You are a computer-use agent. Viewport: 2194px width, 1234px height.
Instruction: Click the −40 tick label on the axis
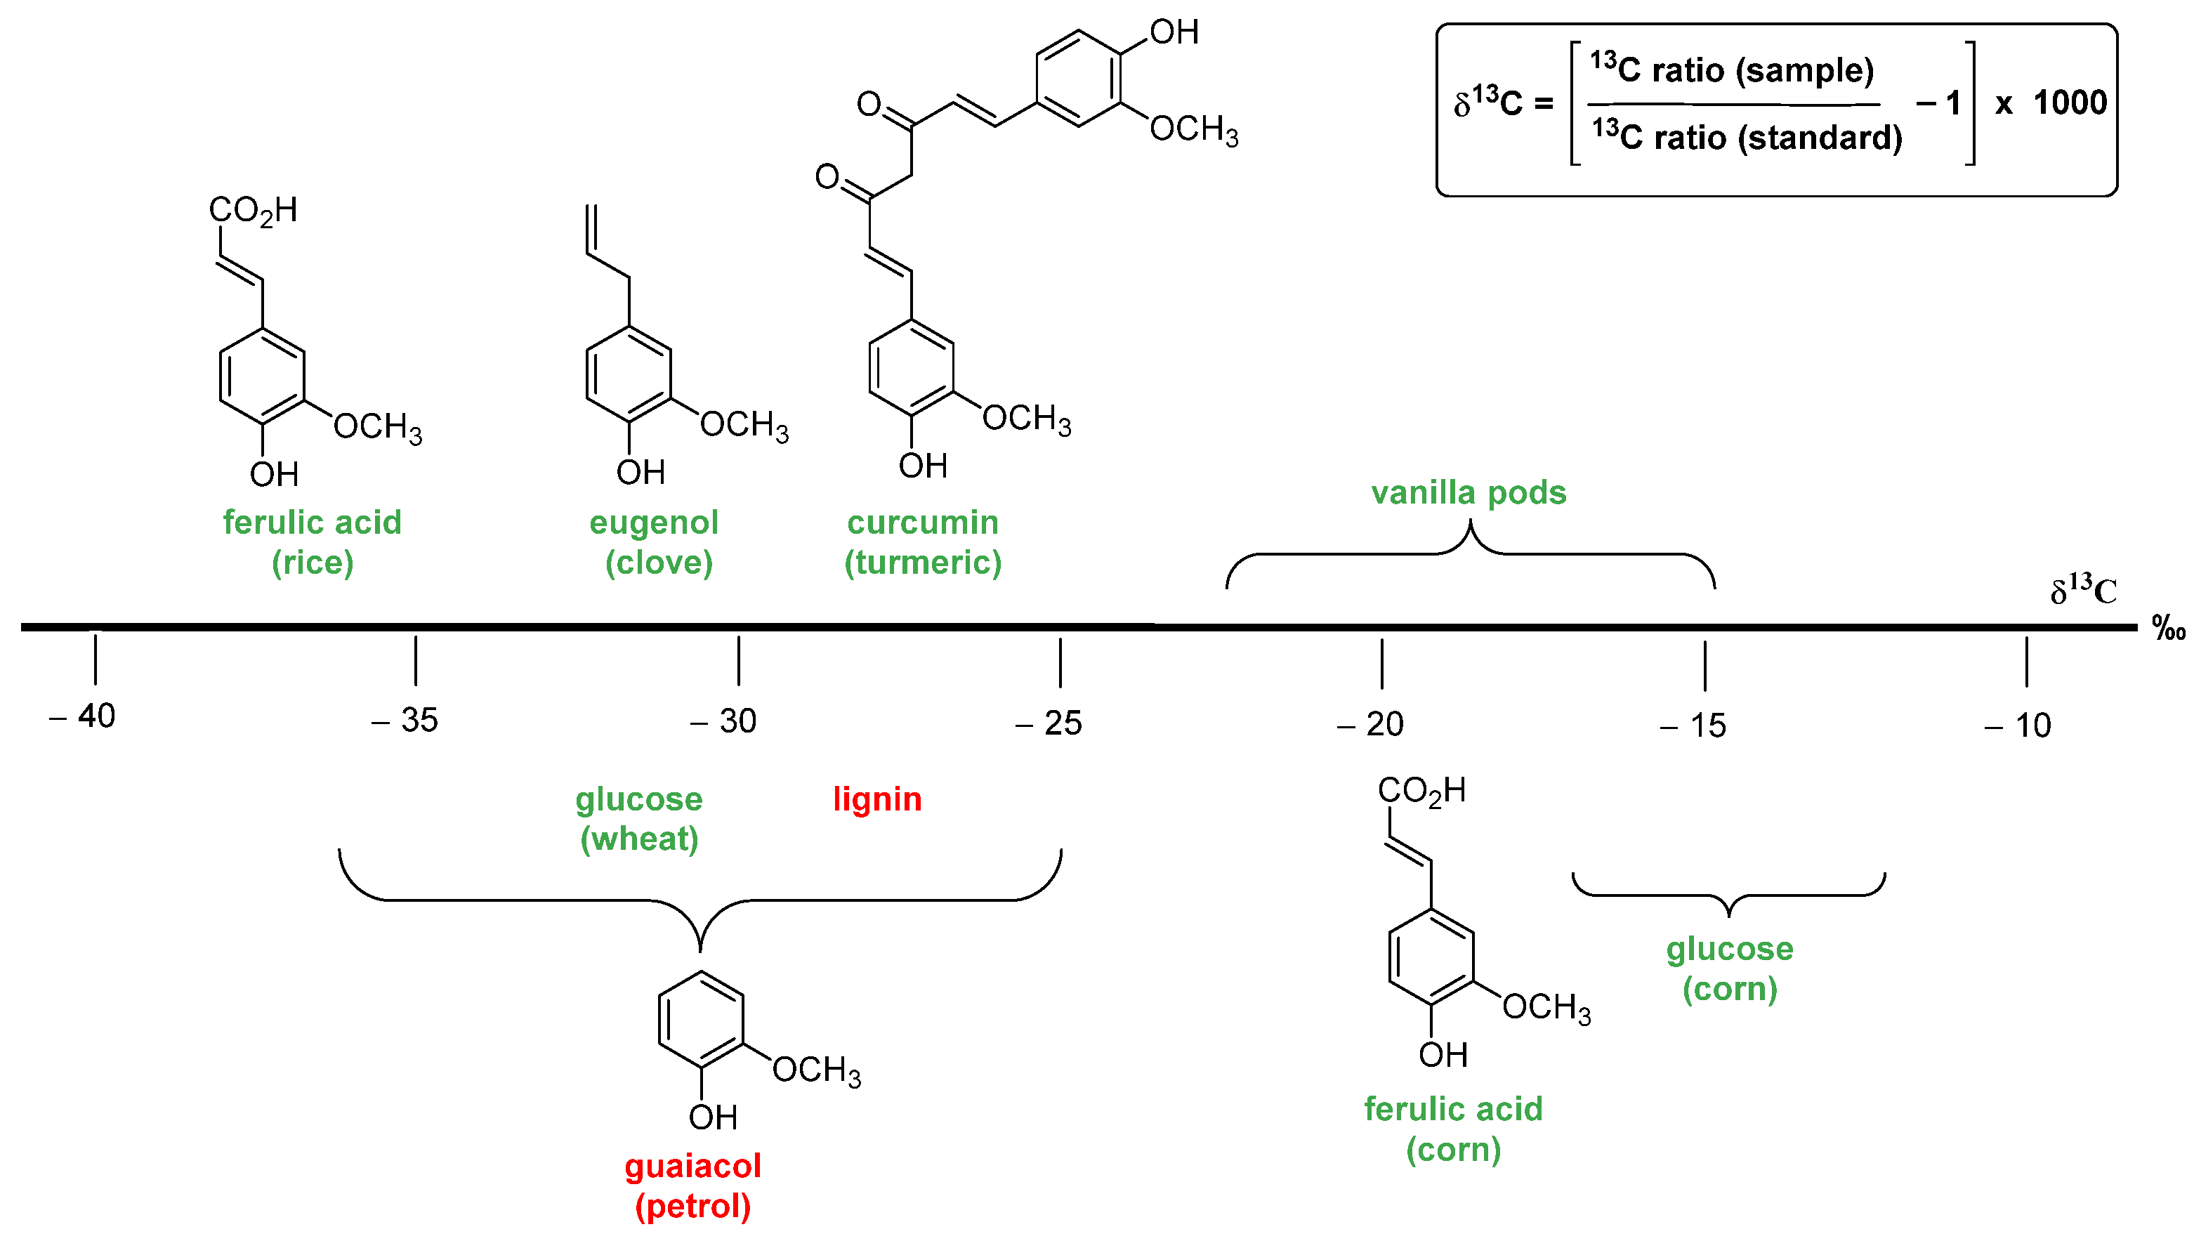(84, 716)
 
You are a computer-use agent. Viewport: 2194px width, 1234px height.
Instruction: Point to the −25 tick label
(1049, 723)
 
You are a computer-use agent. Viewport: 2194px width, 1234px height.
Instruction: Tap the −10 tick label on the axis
(2018, 726)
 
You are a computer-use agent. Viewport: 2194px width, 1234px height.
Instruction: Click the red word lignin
(876, 799)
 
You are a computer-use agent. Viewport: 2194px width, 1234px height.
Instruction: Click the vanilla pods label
(1469, 492)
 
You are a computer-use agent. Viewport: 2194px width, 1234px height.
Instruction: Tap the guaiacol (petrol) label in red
(692, 1186)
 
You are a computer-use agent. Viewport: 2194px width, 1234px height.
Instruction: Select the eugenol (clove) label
(654, 541)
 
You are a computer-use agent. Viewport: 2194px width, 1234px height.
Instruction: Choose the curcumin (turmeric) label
(922, 541)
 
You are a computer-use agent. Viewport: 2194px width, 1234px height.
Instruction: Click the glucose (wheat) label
(639, 818)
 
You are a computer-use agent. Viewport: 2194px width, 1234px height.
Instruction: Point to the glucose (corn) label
(1729, 969)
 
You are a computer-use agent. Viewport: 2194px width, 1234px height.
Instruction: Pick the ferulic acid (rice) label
(312, 541)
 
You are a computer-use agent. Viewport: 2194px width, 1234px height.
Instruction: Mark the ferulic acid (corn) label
(1453, 1129)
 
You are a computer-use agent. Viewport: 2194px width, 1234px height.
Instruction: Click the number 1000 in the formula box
(2070, 103)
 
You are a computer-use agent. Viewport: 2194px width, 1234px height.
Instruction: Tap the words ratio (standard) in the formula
(1778, 137)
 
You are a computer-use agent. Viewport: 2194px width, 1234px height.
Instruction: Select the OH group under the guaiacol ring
(713, 1117)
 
